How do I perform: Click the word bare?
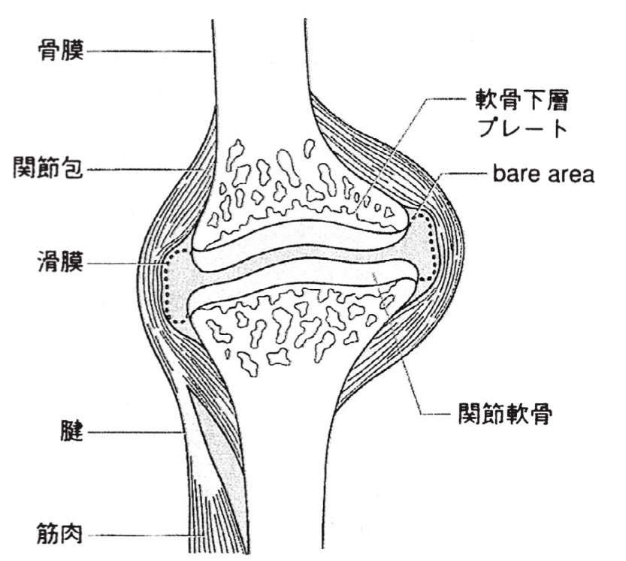coord(515,175)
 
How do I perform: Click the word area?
coord(570,175)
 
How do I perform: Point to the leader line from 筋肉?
coord(143,535)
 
